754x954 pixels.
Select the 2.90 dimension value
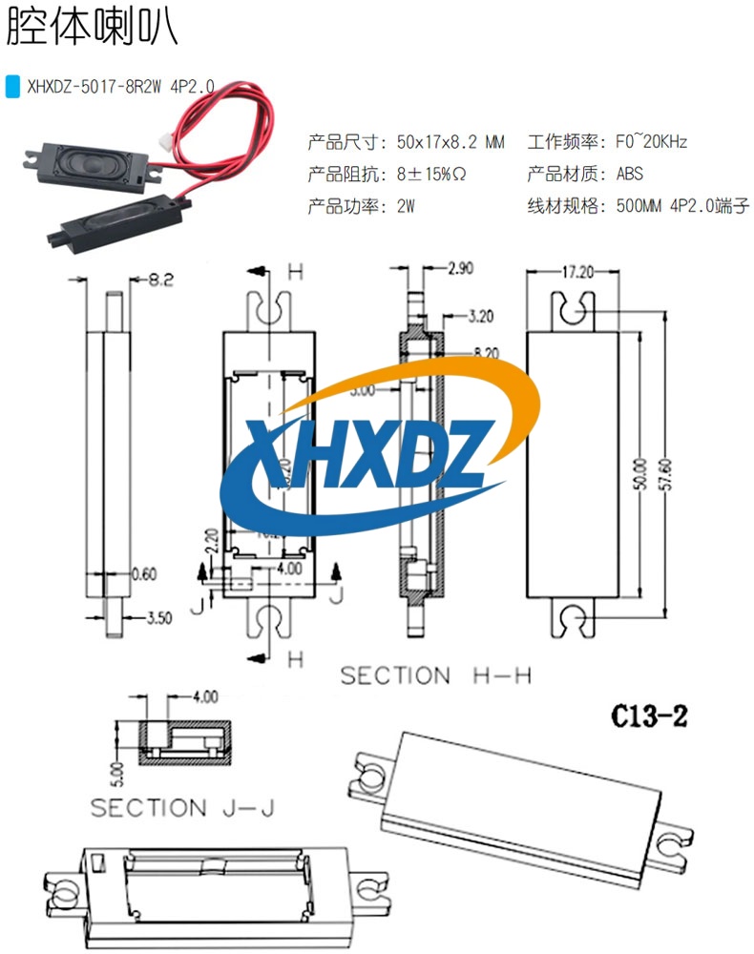click(x=460, y=268)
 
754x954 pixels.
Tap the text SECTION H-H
click(x=435, y=676)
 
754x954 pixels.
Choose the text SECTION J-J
click(x=182, y=808)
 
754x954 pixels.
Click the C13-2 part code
click(x=649, y=716)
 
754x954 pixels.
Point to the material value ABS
click(x=629, y=175)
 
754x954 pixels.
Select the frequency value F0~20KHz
click(x=652, y=143)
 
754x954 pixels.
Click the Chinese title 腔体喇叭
click(x=92, y=29)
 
